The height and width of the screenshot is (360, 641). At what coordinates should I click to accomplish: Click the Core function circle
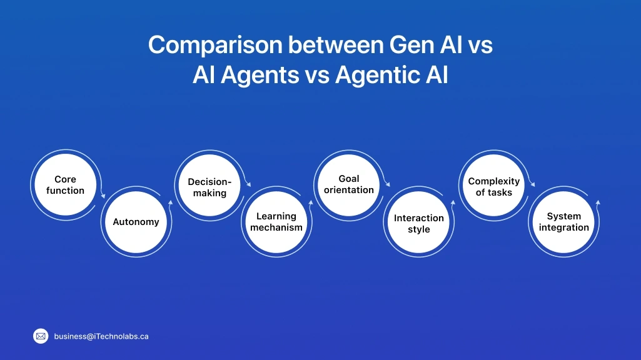pyautogui.click(x=65, y=185)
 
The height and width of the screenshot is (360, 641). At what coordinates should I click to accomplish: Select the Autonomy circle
pyautogui.click(x=136, y=222)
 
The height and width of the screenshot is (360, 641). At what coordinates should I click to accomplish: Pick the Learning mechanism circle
pyautogui.click(x=276, y=222)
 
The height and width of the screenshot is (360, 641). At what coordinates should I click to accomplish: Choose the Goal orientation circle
pyautogui.click(x=349, y=184)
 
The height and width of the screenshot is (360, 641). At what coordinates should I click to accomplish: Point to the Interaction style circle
pyautogui.click(x=419, y=224)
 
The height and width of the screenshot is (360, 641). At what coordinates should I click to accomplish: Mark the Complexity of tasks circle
pyautogui.click(x=494, y=187)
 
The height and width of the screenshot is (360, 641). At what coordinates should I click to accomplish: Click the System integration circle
pyautogui.click(x=564, y=222)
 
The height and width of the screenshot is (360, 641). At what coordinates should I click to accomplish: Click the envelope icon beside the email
pyautogui.click(x=41, y=336)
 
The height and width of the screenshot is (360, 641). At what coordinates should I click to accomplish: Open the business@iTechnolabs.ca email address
pyautogui.click(x=101, y=336)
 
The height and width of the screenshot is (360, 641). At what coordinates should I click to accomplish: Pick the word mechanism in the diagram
pyautogui.click(x=276, y=228)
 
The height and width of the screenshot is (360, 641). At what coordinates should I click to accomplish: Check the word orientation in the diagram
pyautogui.click(x=349, y=190)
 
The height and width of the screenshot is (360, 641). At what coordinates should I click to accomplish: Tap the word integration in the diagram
pyautogui.click(x=564, y=228)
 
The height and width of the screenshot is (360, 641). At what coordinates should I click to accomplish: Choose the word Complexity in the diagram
pyautogui.click(x=494, y=181)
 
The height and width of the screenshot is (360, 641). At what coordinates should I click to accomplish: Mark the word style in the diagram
pyautogui.click(x=419, y=229)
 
